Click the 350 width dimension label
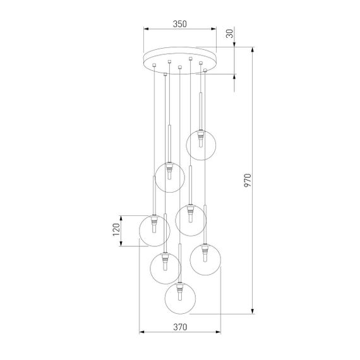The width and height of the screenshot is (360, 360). click(x=179, y=23)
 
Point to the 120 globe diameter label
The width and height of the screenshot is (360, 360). click(x=116, y=231)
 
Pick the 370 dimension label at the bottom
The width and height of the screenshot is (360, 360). click(x=180, y=327)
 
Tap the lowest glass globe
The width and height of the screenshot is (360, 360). click(x=181, y=298)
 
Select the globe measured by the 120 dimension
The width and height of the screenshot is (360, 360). click(x=155, y=231)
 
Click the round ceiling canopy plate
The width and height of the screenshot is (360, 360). click(x=179, y=59)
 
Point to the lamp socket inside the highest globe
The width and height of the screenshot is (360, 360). click(x=201, y=135)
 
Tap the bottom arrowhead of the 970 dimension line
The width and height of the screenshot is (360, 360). click(x=253, y=311)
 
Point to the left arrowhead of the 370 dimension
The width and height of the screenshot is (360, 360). click(x=141, y=333)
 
